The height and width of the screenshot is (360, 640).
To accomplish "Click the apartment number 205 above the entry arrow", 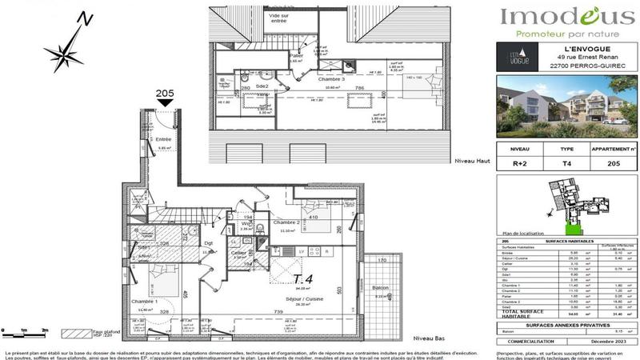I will click(x=164, y=94).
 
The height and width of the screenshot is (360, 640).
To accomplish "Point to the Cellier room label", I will click(x=238, y=253).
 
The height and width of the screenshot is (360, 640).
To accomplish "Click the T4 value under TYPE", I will click(x=566, y=162).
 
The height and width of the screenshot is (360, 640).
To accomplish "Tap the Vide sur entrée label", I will click(x=279, y=18).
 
